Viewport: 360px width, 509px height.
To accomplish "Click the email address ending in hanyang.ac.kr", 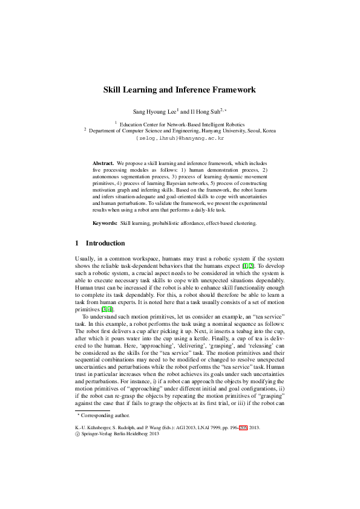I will pyautogui.click(x=180, y=138).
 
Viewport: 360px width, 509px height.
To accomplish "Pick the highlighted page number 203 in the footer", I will pyautogui.click(x=243, y=427).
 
